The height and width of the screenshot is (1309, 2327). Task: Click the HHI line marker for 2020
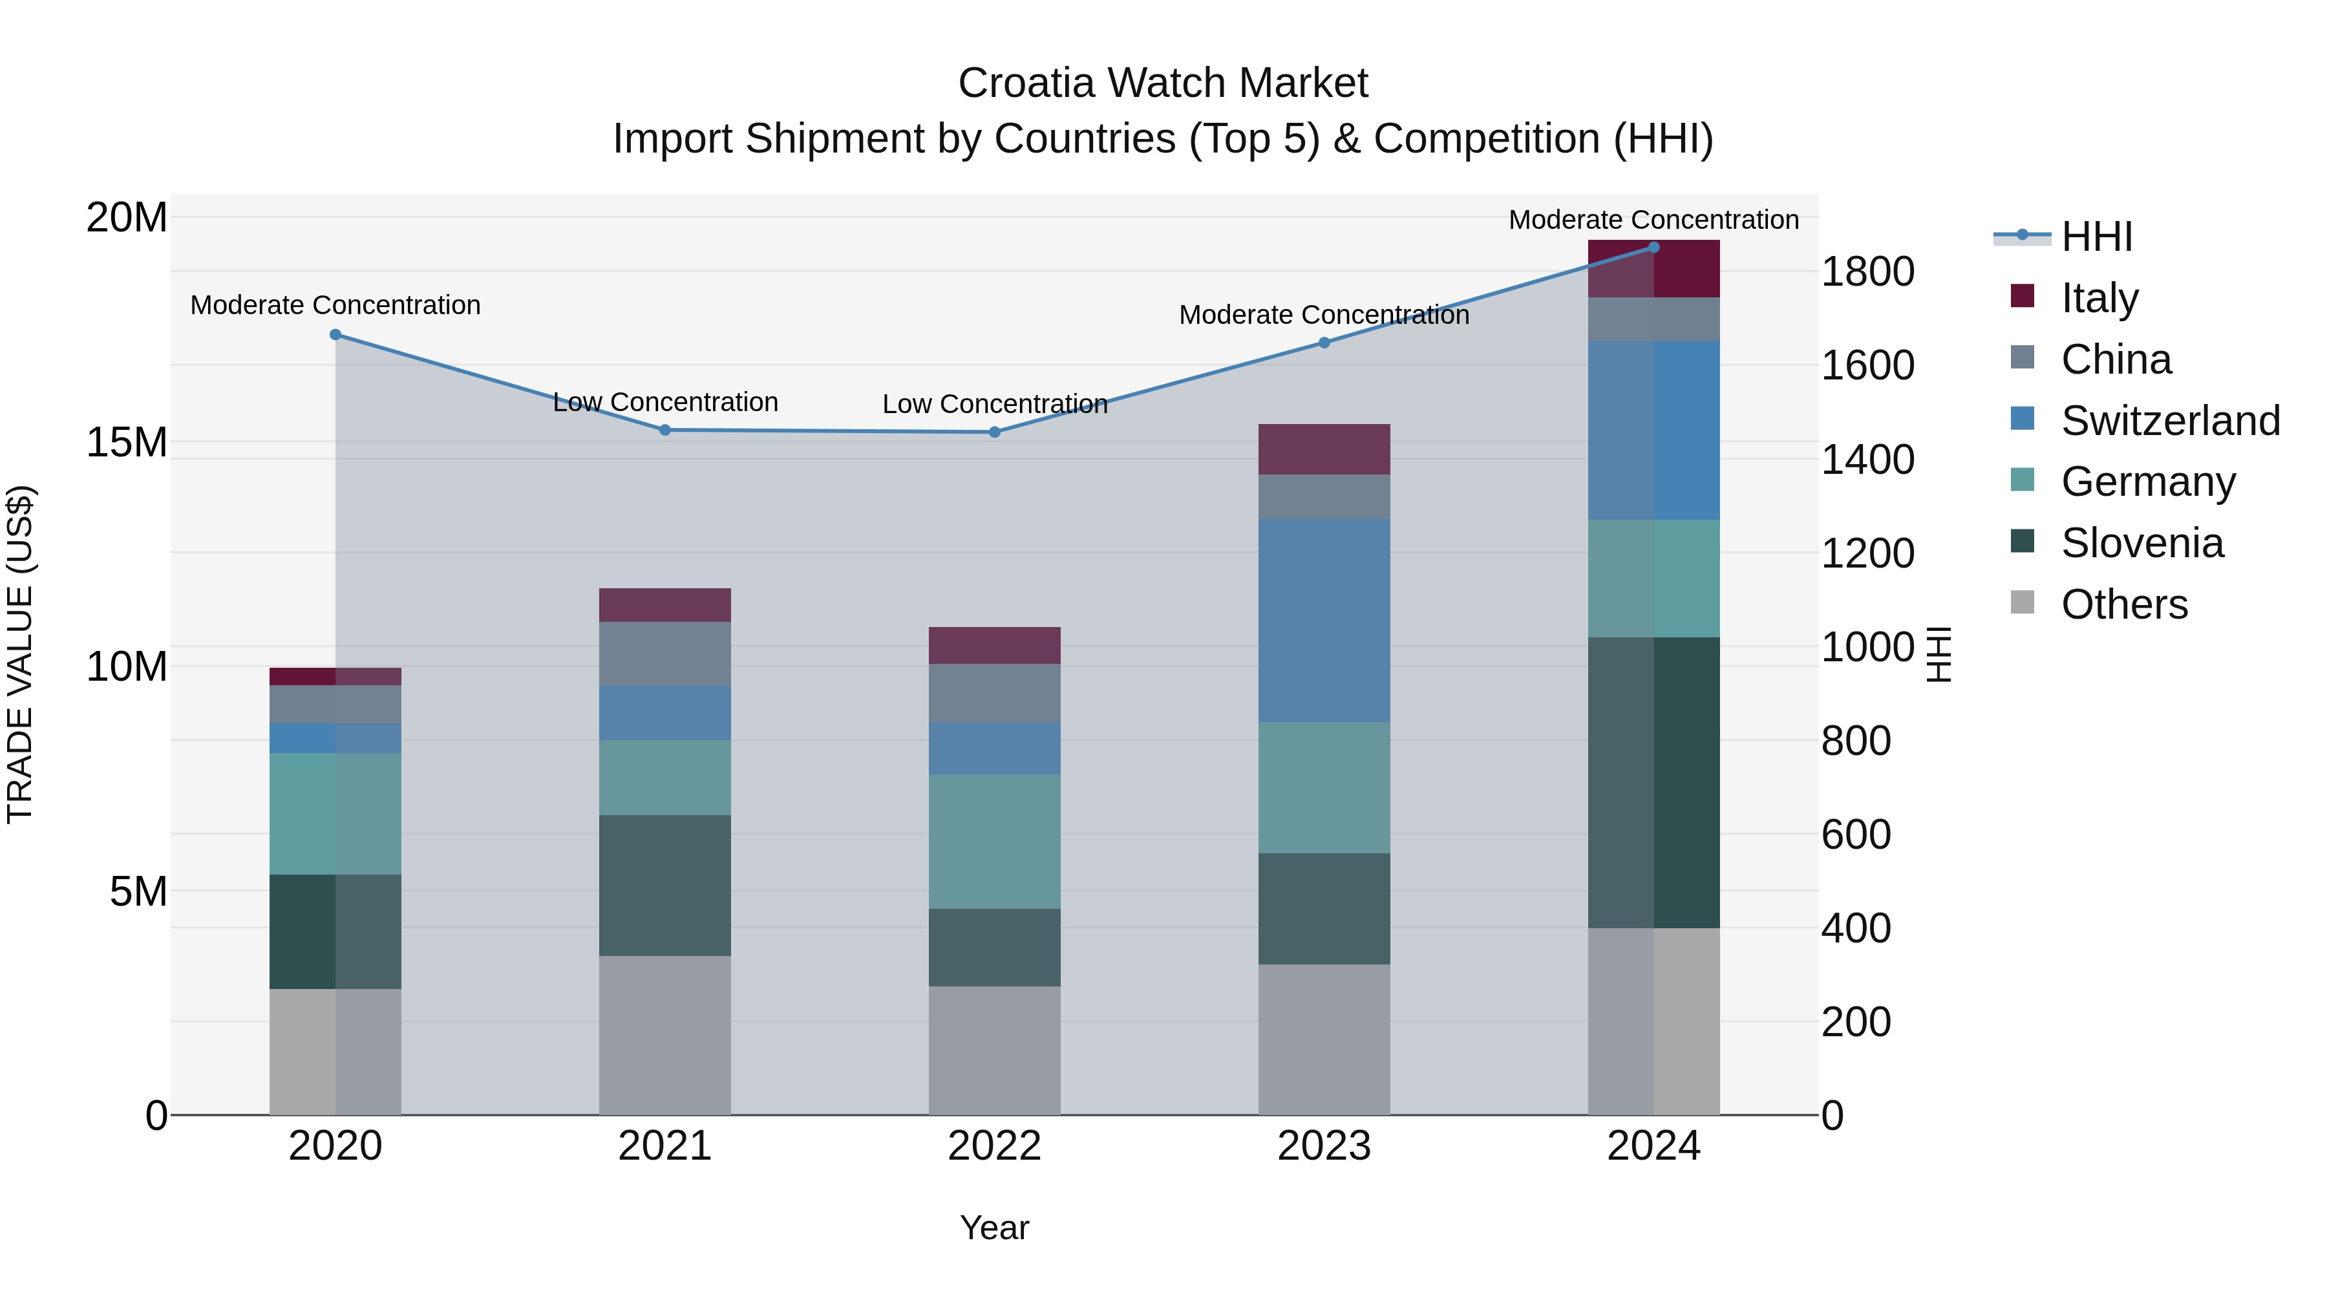pyautogui.click(x=335, y=334)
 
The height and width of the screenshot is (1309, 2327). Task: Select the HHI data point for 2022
pyautogui.click(x=995, y=432)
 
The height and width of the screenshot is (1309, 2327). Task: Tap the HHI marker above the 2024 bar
pyautogui.click(x=1654, y=247)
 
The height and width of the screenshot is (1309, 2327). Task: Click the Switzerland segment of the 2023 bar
pyautogui.click(x=1324, y=620)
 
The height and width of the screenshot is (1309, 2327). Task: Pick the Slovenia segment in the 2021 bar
pyautogui.click(x=665, y=886)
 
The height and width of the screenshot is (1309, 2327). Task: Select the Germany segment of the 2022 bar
pyautogui.click(x=995, y=841)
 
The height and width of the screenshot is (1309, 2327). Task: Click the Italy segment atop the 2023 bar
pyautogui.click(x=1324, y=449)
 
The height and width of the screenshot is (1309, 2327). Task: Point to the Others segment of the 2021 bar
pyautogui.click(x=665, y=1036)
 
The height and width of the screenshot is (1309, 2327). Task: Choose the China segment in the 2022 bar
pyautogui.click(x=995, y=693)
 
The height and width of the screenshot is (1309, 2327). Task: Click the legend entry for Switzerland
pyautogui.click(x=2170, y=421)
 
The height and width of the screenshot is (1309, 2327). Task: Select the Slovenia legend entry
pyautogui.click(x=2142, y=543)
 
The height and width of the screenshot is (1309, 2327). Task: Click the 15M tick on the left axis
pyautogui.click(x=127, y=443)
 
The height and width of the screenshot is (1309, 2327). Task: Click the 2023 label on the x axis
pyautogui.click(x=1324, y=1146)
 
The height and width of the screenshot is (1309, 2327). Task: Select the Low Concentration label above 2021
pyautogui.click(x=665, y=402)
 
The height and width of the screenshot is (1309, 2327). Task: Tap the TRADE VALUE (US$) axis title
pyautogui.click(x=20, y=654)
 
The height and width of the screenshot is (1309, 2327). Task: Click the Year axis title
pyautogui.click(x=995, y=1228)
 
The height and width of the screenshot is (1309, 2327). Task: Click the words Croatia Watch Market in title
pyautogui.click(x=1163, y=83)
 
